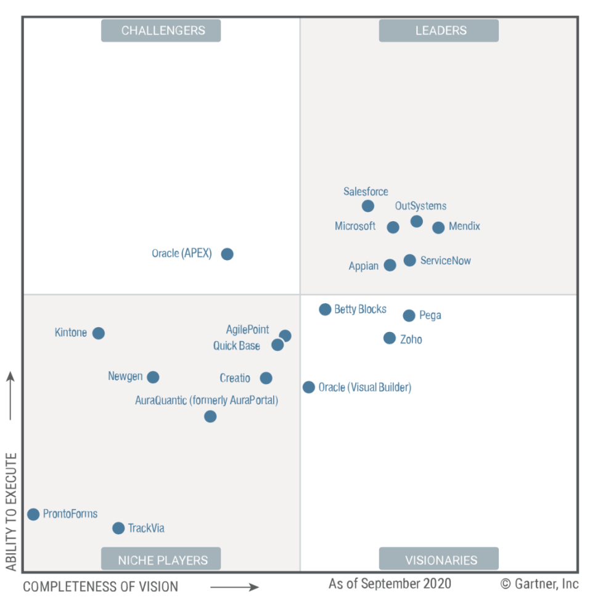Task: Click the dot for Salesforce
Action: tap(368, 206)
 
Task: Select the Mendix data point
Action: tap(438, 227)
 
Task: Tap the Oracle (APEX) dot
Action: tap(227, 254)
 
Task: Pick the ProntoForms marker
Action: tap(33, 514)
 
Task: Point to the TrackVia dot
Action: tap(118, 528)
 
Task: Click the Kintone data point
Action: tap(99, 333)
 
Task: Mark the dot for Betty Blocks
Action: tap(325, 309)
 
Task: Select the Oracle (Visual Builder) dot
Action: tap(309, 387)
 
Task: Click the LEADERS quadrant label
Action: tap(439, 30)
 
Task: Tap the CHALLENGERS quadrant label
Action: tap(161, 30)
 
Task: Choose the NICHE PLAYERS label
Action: tap(161, 560)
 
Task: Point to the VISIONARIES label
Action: tap(439, 560)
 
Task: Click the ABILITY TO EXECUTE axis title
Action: tap(11, 512)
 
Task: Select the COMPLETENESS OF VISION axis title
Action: tap(100, 586)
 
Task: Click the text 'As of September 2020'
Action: tap(390, 583)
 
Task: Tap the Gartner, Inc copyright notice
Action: tap(539, 583)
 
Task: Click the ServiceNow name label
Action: tap(445, 261)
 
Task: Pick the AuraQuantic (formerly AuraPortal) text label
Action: tap(207, 400)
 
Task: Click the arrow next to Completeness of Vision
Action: tap(234, 587)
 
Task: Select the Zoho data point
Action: tap(390, 338)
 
